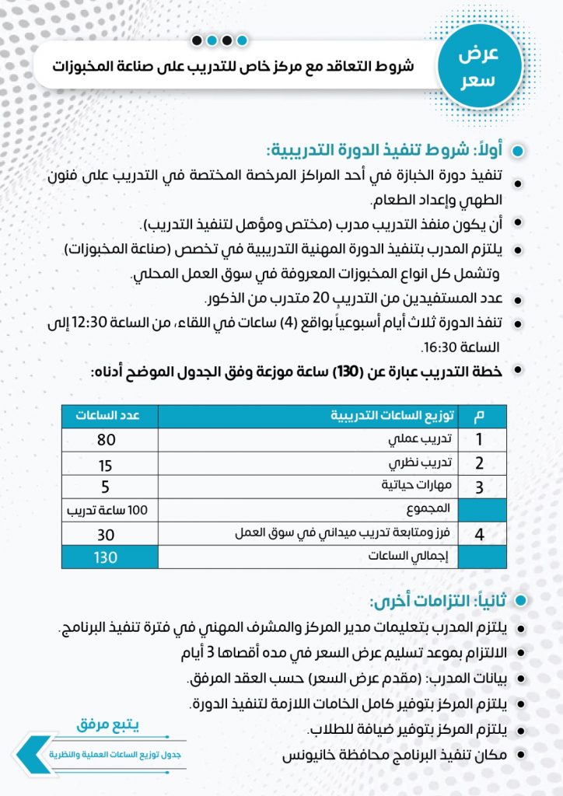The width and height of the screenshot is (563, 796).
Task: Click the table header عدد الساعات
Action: [x=109, y=416]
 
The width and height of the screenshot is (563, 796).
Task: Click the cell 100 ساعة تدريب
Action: [x=110, y=511]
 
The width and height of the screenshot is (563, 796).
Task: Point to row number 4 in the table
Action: [x=480, y=535]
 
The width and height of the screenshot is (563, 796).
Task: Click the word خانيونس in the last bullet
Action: [x=304, y=753]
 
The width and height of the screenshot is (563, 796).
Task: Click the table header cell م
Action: [x=480, y=416]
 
